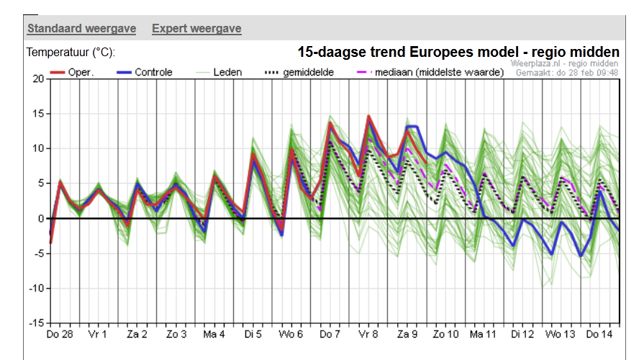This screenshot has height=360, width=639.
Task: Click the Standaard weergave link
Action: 81,29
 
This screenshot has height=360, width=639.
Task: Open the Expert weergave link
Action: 196,29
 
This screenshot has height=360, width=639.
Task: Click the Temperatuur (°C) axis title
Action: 71,53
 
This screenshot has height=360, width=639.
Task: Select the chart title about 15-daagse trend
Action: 458,52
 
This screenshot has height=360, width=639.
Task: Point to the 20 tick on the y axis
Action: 37,78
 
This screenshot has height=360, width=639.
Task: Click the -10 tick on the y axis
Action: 35,288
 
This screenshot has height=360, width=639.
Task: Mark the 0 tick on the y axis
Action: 41,218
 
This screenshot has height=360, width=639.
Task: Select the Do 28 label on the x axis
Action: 59,335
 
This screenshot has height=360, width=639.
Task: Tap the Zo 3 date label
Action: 176,335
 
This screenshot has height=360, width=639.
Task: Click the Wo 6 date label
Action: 291,335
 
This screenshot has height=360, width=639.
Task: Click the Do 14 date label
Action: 599,335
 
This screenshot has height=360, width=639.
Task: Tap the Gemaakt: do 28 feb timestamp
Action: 568,73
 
